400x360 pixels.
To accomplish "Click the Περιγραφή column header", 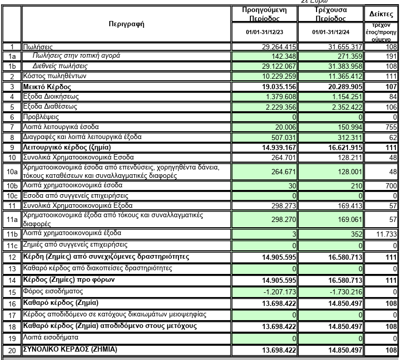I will [x=126, y=24].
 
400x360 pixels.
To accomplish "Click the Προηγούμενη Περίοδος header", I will [x=264, y=14].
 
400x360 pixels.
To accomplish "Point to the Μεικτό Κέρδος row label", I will [x=47, y=86].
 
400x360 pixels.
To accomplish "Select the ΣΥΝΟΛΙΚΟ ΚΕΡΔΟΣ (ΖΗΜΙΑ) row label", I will [x=70, y=350].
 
